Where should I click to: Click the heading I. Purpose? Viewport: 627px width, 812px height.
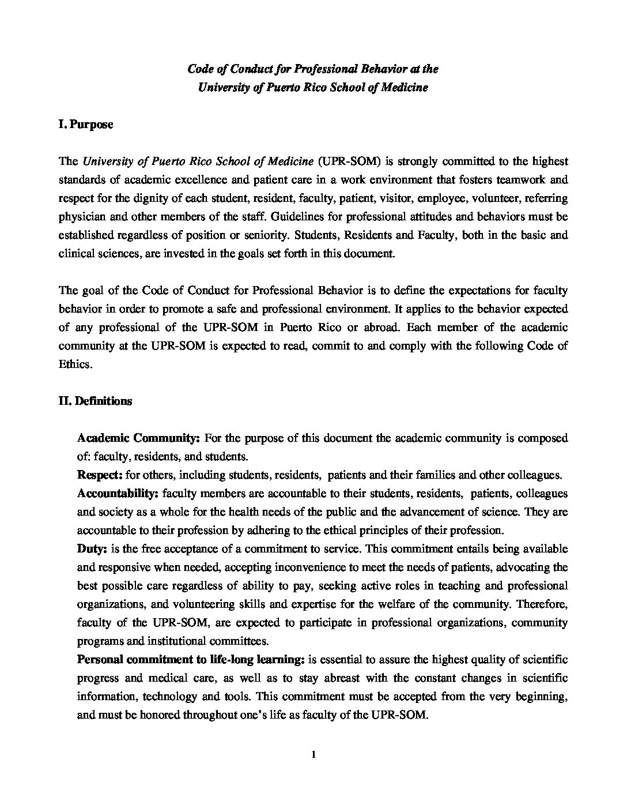click(x=85, y=125)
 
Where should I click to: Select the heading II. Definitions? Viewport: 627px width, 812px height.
click(x=95, y=401)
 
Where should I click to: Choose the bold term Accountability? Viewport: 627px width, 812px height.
click(x=118, y=494)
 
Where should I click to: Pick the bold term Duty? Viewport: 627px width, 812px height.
click(x=89, y=548)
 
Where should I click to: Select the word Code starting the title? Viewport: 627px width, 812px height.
click(x=199, y=69)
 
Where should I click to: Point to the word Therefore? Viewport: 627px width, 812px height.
click(x=544, y=604)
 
